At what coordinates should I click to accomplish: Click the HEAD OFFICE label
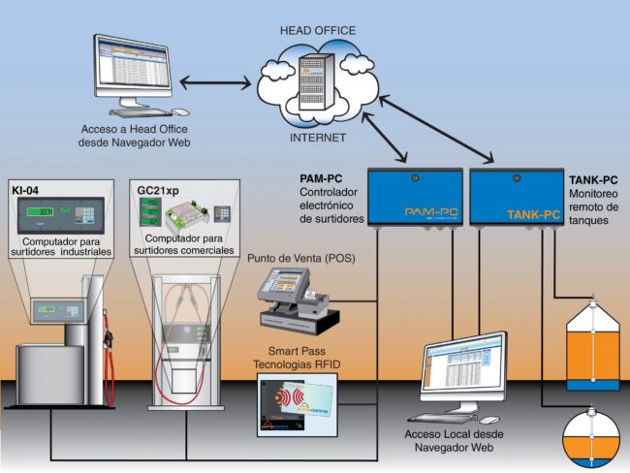[x=317, y=29]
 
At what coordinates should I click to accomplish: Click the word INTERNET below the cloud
[x=317, y=139]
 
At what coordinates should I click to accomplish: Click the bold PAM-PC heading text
[x=323, y=179]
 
